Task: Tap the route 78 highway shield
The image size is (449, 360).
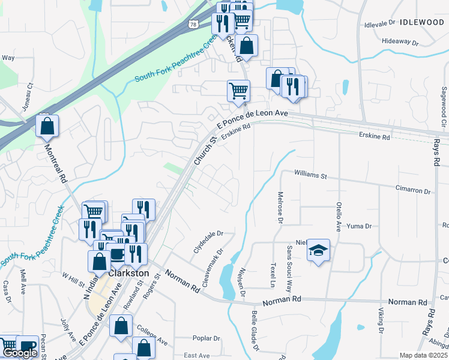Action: click(x=193, y=24)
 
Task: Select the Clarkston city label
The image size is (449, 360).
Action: click(x=128, y=272)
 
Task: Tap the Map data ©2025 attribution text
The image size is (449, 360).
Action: click(x=424, y=355)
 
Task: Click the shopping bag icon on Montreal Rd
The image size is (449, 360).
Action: click(x=47, y=126)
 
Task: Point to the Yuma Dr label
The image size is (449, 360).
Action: click(x=360, y=226)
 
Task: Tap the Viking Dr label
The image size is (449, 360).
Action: click(x=381, y=322)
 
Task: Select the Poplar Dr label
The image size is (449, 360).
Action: click(x=207, y=338)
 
